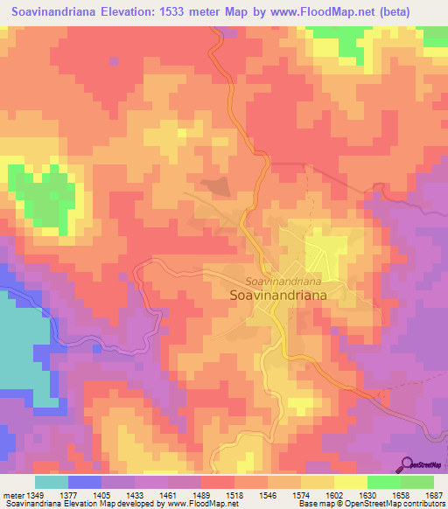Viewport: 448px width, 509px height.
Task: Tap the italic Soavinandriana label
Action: pos(282,282)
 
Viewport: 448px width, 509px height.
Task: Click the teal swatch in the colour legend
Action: pos(52,482)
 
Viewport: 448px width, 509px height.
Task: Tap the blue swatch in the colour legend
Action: pos(85,482)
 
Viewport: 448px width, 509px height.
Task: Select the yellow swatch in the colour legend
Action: pos(351,482)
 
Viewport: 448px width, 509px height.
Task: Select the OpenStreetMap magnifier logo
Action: pos(407,464)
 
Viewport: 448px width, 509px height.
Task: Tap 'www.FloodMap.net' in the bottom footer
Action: pos(201,505)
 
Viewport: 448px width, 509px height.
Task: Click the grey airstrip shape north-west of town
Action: pos(217,185)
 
